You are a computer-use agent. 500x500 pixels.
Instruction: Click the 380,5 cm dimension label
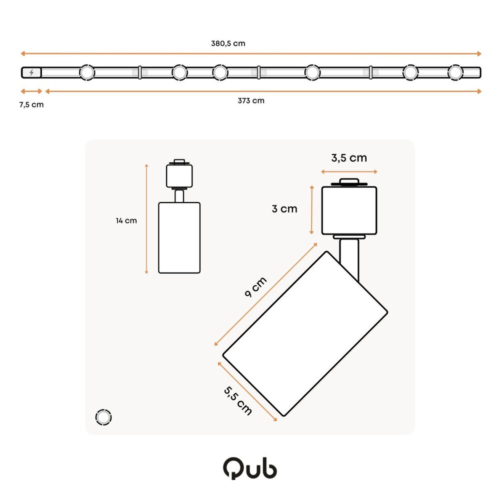click(x=228, y=43)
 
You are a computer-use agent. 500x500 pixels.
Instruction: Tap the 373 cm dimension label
click(x=251, y=100)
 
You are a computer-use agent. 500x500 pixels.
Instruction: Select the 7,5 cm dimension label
click(x=31, y=104)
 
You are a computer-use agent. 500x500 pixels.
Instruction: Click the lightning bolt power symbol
click(x=32, y=72)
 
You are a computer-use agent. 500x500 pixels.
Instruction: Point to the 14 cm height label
click(x=126, y=220)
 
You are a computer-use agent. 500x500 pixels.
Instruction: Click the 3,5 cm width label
click(x=349, y=158)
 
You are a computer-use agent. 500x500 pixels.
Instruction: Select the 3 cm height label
click(x=284, y=209)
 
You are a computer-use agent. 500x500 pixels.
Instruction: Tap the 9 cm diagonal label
click(x=255, y=287)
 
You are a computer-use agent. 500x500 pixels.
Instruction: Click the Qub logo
click(x=249, y=469)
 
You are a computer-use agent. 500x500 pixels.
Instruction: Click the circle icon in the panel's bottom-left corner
click(x=103, y=417)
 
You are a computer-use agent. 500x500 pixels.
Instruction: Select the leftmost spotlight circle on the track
click(x=86, y=72)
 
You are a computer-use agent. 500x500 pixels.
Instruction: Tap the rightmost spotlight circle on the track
click(x=455, y=72)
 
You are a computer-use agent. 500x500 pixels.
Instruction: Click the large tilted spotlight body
click(x=305, y=333)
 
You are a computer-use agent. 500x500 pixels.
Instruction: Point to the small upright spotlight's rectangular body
click(x=179, y=237)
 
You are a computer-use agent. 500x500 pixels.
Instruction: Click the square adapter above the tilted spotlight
click(x=349, y=210)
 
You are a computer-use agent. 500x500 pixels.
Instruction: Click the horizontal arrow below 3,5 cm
click(x=349, y=171)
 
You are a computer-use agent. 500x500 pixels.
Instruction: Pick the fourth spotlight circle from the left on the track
click(x=312, y=72)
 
